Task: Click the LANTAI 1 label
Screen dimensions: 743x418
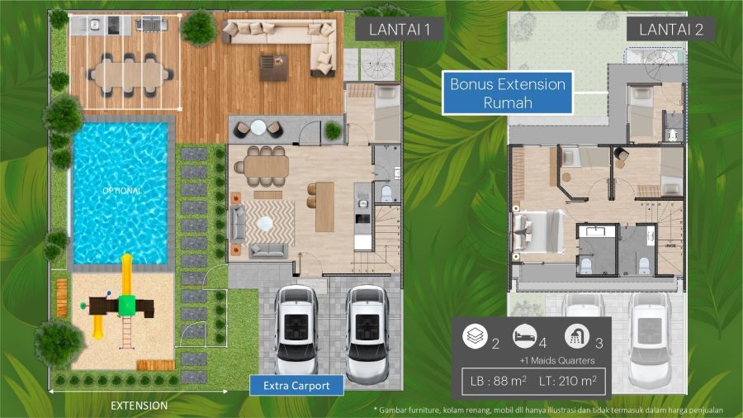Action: point(399,30)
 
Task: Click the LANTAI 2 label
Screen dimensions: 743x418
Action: point(670,30)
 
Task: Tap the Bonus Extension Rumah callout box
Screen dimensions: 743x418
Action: point(508,93)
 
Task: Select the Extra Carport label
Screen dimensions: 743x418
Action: point(296,385)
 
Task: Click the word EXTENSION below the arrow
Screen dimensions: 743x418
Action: point(139,406)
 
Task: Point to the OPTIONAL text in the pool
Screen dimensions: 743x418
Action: point(122,191)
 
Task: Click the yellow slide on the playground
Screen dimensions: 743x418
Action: point(127,275)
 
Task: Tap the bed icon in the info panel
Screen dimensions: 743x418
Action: point(524,336)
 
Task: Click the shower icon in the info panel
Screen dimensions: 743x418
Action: point(577,336)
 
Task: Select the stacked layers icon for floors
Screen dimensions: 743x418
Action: point(475,336)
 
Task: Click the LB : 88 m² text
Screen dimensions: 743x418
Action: point(499,381)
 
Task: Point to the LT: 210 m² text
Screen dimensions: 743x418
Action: point(568,381)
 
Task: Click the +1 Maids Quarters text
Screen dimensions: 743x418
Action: point(556,361)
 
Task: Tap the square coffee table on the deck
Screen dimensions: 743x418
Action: point(273,67)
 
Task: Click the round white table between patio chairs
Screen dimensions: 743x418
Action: point(258,127)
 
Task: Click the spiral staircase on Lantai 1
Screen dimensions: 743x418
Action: point(377,64)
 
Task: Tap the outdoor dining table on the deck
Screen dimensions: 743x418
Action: point(129,76)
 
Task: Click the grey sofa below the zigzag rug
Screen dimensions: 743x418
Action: point(267,250)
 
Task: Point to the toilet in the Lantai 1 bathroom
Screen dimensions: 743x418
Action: point(386,192)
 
